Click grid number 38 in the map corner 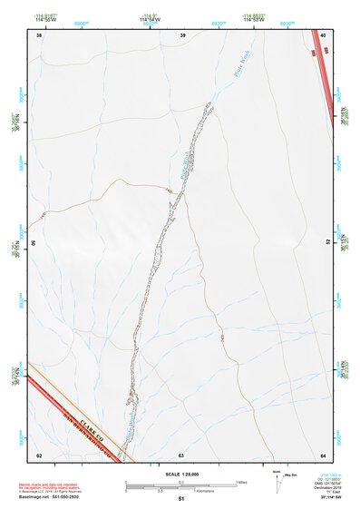[39, 35]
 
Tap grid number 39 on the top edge [182, 35]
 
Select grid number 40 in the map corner [325, 35]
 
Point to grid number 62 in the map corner [39, 455]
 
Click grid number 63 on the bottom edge [181, 455]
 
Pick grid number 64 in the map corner [324, 455]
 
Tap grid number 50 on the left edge [35, 243]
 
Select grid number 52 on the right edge [327, 242]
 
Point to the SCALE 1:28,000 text [181, 475]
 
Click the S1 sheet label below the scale [181, 499]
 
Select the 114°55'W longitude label [45, 20]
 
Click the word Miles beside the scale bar [242, 482]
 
